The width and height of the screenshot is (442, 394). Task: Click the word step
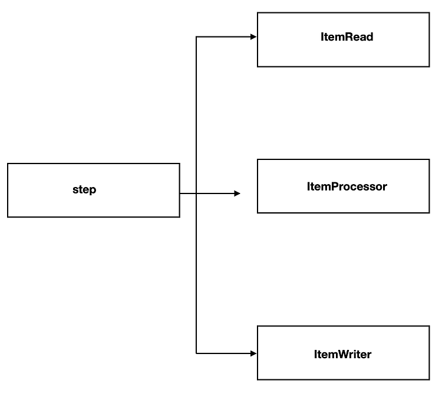click(x=84, y=190)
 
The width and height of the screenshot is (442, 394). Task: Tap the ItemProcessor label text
click(x=347, y=186)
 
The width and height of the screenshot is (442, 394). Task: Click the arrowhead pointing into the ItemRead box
click(x=253, y=37)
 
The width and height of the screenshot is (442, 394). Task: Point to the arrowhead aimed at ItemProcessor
click(x=237, y=193)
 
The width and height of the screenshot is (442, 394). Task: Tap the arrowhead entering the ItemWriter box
click(x=253, y=353)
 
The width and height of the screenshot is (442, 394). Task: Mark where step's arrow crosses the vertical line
click(x=196, y=193)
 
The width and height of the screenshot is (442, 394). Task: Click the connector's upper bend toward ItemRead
click(x=196, y=37)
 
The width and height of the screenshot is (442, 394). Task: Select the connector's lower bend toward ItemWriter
click(x=196, y=353)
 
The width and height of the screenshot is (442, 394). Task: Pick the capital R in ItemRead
click(x=349, y=37)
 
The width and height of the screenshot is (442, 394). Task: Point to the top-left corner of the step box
click(x=8, y=163)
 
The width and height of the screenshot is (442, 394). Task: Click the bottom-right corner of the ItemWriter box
click(x=430, y=380)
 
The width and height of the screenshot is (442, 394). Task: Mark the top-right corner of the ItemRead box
click(x=430, y=12)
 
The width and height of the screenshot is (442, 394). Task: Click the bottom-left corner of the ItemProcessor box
click(x=258, y=213)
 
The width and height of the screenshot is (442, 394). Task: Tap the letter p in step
click(x=93, y=191)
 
